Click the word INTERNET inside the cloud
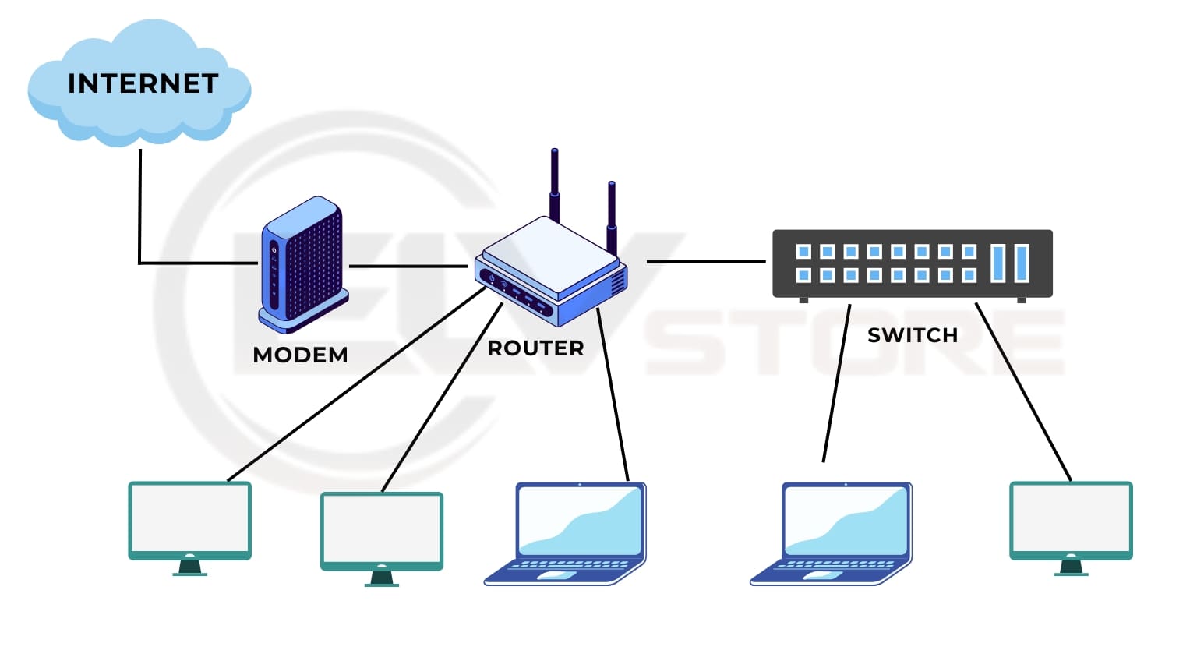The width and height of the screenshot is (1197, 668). tap(143, 83)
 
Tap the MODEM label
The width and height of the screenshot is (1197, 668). tap(300, 355)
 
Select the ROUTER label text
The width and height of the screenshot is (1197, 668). tap(535, 348)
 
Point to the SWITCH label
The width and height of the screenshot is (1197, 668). tap(912, 335)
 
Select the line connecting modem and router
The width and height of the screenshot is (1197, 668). tap(408, 266)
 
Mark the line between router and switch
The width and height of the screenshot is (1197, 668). tap(705, 261)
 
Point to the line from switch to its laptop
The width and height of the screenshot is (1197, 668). tap(836, 382)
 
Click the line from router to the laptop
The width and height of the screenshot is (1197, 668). tap(613, 394)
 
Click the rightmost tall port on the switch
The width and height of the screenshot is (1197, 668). tap(1022, 263)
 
